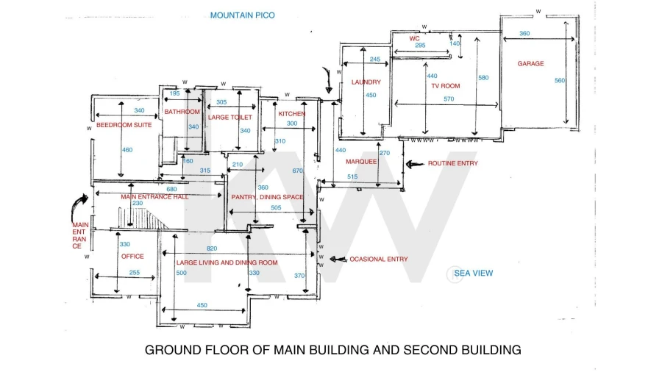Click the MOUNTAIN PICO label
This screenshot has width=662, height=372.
coord(242,15)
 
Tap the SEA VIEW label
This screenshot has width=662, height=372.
coord(473,273)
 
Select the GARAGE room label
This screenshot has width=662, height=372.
coord(530,64)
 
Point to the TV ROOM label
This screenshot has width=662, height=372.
coord(446,86)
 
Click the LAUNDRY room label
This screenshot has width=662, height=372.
coord(366,82)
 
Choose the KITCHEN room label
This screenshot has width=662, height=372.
coord(292,114)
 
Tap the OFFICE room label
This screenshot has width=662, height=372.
coord(132,257)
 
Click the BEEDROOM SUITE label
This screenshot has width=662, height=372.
coord(124,125)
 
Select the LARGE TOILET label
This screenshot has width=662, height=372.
coord(230,117)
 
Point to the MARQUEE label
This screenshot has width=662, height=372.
coord(361,162)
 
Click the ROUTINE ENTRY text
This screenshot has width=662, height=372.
coord(453,163)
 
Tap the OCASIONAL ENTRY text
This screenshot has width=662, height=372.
coord(379,260)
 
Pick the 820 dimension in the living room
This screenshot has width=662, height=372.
coord(212,248)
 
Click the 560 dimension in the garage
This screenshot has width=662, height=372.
coord(560,81)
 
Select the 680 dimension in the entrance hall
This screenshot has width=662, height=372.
coord(171,190)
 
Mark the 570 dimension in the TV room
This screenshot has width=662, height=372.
coord(449,99)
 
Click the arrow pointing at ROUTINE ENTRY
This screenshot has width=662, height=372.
coord(415,164)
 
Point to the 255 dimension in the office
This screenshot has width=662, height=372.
coord(135,273)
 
